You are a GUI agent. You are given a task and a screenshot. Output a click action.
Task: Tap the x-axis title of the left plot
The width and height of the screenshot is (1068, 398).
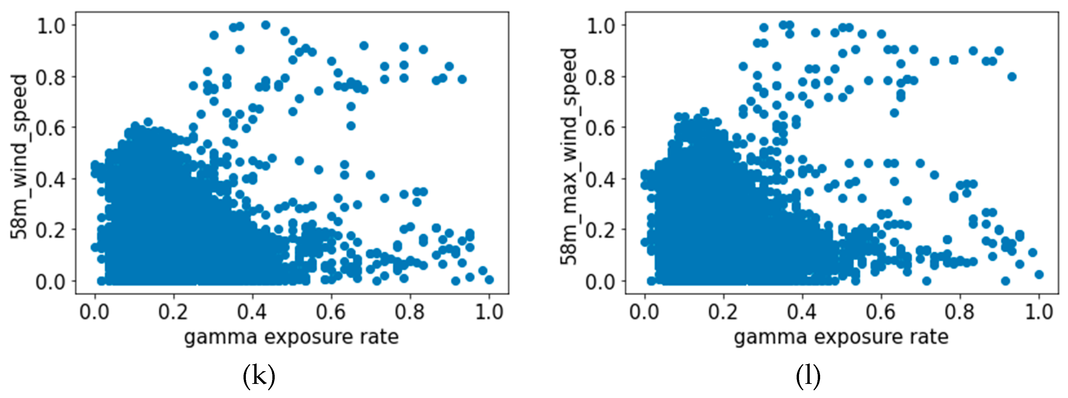click(x=291, y=337)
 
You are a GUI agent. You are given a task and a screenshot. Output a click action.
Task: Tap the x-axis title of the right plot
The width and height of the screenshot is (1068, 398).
click(x=841, y=337)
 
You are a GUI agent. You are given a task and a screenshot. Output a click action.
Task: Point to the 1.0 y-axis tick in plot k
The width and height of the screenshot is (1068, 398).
click(x=51, y=26)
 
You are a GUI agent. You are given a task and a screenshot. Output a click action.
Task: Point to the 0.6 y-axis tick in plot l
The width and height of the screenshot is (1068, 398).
click(x=601, y=128)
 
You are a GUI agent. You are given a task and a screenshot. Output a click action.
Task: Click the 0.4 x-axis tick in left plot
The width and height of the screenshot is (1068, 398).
click(x=252, y=312)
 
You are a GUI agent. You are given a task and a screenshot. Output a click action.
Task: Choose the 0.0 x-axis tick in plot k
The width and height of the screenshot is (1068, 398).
click(x=95, y=312)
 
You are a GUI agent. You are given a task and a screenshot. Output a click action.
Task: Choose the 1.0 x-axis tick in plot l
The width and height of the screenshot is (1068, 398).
click(x=1039, y=312)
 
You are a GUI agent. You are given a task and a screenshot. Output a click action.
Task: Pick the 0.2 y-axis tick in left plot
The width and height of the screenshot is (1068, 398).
click(x=51, y=230)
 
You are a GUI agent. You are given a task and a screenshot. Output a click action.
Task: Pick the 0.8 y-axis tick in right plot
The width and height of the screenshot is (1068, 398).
click(x=601, y=77)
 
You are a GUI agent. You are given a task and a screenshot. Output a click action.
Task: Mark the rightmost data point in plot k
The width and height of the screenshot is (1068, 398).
click(x=489, y=279)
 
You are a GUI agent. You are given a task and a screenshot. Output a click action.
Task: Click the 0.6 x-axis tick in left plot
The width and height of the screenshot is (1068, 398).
click(x=331, y=312)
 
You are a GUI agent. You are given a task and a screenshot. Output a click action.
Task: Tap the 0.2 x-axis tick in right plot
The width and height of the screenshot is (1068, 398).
click(x=724, y=312)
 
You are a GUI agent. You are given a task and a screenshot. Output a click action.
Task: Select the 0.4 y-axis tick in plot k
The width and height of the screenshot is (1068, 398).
click(x=51, y=179)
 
